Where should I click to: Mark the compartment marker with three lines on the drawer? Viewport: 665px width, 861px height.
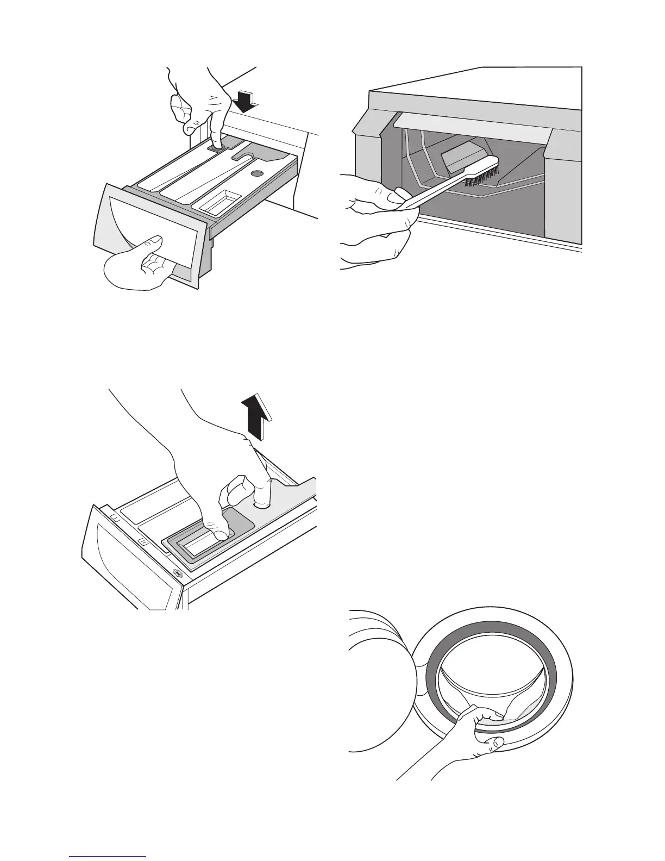click(x=143, y=542)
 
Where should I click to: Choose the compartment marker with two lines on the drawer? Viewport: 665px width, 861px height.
click(x=115, y=519)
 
